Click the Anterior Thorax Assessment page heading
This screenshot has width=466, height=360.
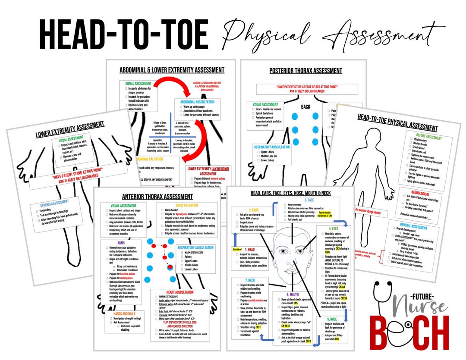[x=151, y=197]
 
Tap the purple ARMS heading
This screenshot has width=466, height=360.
[x=121, y=243]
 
